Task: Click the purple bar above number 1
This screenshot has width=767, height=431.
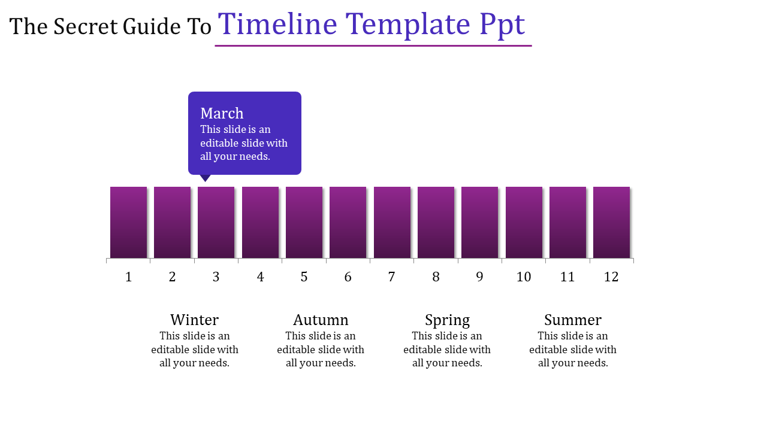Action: [128, 222]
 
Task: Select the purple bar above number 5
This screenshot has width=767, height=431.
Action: [304, 222]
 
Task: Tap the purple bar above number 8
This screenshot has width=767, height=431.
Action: [436, 222]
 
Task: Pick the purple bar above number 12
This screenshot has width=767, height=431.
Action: [611, 222]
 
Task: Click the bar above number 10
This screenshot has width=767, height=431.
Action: [524, 222]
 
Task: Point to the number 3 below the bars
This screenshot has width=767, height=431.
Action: [216, 277]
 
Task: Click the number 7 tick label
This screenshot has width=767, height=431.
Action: [392, 277]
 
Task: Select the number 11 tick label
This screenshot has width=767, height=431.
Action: [567, 277]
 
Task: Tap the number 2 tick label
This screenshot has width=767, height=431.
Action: [173, 277]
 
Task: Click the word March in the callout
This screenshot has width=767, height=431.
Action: [222, 113]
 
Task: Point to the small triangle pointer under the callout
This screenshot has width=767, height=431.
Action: [206, 178]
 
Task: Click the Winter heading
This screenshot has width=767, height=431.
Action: [194, 320]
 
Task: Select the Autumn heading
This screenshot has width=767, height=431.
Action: [321, 320]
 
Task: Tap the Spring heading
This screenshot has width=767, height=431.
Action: [447, 320]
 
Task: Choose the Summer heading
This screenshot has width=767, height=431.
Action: [573, 320]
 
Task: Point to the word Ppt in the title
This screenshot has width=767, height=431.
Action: [502, 25]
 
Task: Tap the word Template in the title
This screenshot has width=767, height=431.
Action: [409, 25]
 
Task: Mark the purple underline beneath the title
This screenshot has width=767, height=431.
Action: [373, 45]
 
